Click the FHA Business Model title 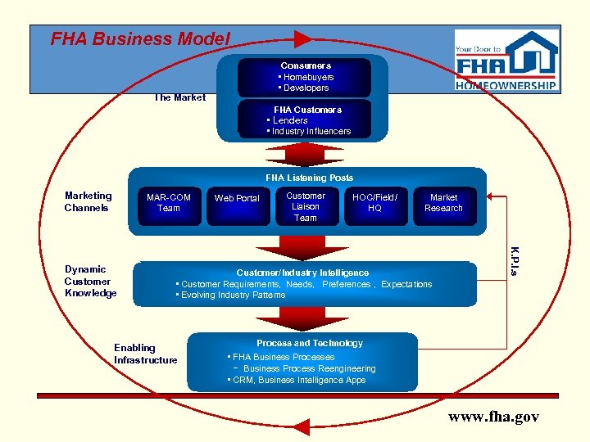(140, 38)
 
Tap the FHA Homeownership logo (506, 62)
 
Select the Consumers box (305, 77)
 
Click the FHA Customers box (305, 120)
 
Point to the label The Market (179, 97)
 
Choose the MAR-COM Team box (168, 203)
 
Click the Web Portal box (236, 199)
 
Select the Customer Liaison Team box (305, 207)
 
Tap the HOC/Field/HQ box (374, 203)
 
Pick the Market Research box (443, 203)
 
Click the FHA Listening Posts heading (309, 178)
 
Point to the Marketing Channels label (88, 201)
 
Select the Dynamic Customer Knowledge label (90, 281)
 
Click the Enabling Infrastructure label (145, 354)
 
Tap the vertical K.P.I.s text (513, 259)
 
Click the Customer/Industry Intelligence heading (302, 273)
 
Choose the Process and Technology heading (309, 344)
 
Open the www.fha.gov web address (493, 417)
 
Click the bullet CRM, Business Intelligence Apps (298, 381)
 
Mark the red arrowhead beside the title (302, 38)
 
